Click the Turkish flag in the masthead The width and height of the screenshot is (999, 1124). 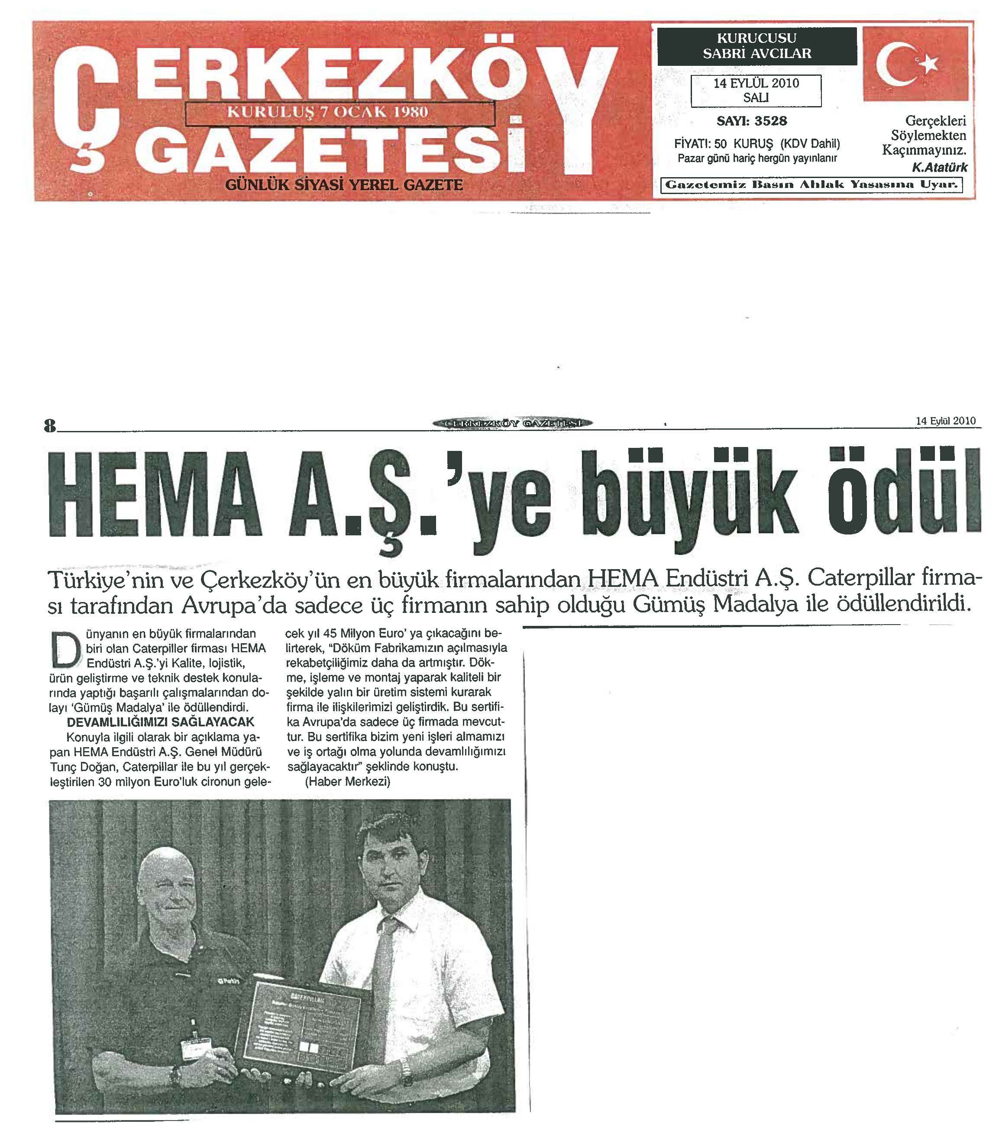tap(915, 64)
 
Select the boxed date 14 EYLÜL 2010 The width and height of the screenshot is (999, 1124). tap(756, 84)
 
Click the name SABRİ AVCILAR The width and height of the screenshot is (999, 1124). tap(757, 54)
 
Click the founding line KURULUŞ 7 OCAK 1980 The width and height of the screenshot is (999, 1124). tap(328, 113)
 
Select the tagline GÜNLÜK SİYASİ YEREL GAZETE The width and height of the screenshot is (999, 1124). tap(344, 185)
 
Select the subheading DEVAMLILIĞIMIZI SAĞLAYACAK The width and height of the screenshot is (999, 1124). tap(161, 722)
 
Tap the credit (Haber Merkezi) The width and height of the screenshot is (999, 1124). tap(347, 781)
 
